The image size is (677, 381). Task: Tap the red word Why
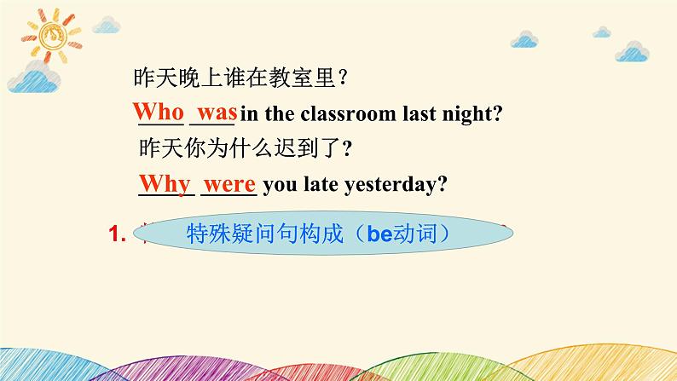coord(165,183)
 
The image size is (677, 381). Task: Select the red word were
coord(231,183)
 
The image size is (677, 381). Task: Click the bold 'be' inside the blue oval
coord(378,233)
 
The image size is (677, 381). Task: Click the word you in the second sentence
coord(286,186)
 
